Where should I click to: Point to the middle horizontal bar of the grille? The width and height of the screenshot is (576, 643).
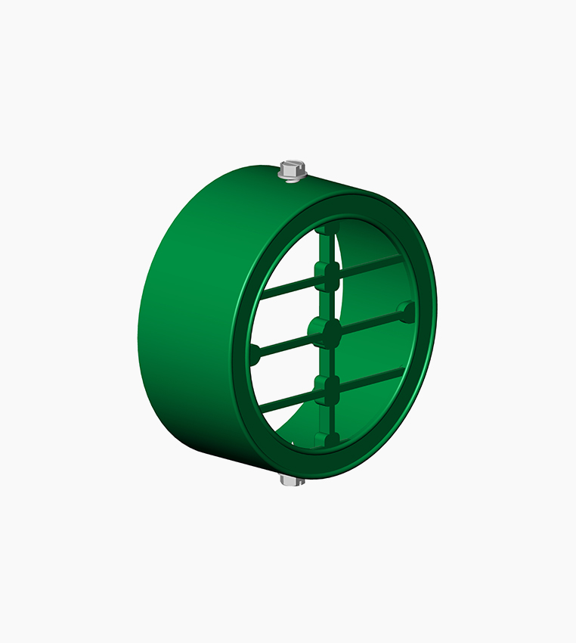pos(370,321)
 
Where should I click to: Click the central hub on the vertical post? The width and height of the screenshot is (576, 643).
pos(326,331)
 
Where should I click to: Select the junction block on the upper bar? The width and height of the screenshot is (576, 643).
pos(325,277)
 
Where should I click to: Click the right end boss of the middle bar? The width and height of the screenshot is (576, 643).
pos(406,309)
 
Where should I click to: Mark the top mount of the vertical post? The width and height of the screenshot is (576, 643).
pos(325,228)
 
